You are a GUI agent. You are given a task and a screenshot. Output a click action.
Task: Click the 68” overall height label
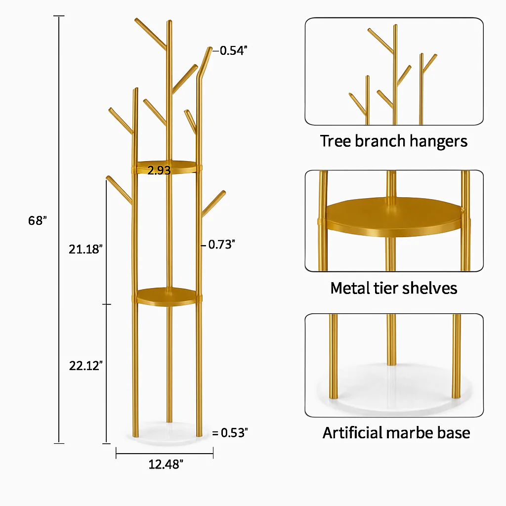point(38,221)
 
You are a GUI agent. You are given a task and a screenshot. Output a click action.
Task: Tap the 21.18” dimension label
point(85,249)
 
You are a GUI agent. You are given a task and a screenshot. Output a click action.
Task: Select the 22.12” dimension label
point(86,366)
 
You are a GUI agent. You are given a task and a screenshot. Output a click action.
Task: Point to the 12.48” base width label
point(166,464)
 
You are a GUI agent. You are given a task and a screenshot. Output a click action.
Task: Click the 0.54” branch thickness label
point(233,51)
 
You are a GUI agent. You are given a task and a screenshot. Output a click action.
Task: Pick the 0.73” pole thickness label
point(222,245)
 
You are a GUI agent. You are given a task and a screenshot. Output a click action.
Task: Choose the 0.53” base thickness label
point(234,433)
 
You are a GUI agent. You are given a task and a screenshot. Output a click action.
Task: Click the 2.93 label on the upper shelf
point(159,170)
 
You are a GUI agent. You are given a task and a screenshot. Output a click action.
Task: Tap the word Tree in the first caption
point(335,141)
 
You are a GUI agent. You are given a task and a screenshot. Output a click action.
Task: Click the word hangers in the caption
point(438,141)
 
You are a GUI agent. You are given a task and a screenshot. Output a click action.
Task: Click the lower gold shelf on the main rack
point(167,296)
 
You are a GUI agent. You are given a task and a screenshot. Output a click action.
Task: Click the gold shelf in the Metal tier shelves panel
point(394,217)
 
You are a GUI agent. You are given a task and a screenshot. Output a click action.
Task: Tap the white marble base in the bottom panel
point(392,390)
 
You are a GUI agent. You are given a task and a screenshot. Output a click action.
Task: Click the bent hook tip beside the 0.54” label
point(209,49)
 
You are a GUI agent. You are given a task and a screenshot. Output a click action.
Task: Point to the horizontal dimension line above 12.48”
point(165,454)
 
